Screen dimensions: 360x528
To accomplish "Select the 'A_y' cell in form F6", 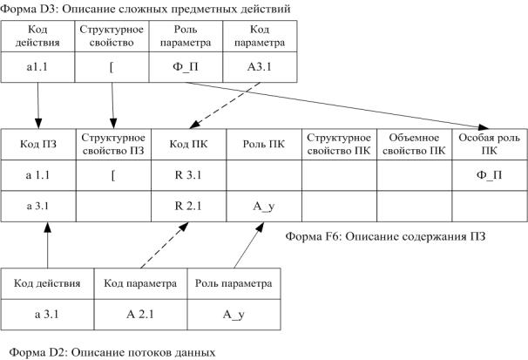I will click(263, 207).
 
